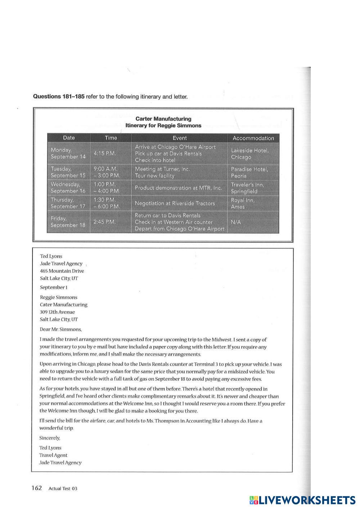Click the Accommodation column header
pyautogui.click(x=253, y=138)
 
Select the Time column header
pyautogui.click(x=111, y=138)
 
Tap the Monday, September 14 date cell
pyautogui.click(x=68, y=153)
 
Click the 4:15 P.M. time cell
pyautogui.click(x=104, y=153)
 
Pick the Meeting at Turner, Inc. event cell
pyautogui.click(x=179, y=172)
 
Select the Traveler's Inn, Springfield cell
pyautogui.click(x=253, y=188)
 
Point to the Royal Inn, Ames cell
pyautogui.click(x=253, y=203)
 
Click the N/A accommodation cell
pyautogui.click(x=253, y=222)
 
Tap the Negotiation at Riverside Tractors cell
pyautogui.click(x=179, y=203)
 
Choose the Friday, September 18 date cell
pyautogui.click(x=68, y=222)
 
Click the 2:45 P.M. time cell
pyautogui.click(x=104, y=222)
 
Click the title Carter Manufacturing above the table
pyautogui.click(x=163, y=119)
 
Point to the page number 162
pyautogui.click(x=37, y=488)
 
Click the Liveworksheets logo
pyautogui.click(x=302, y=500)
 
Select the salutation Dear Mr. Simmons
pyautogui.click(x=61, y=329)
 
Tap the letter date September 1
pyautogui.click(x=54, y=287)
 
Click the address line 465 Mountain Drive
pyautogui.click(x=62, y=271)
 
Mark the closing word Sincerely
pyautogui.click(x=50, y=438)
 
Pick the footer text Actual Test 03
pyautogui.click(x=63, y=488)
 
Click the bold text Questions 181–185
pyautogui.click(x=59, y=96)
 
